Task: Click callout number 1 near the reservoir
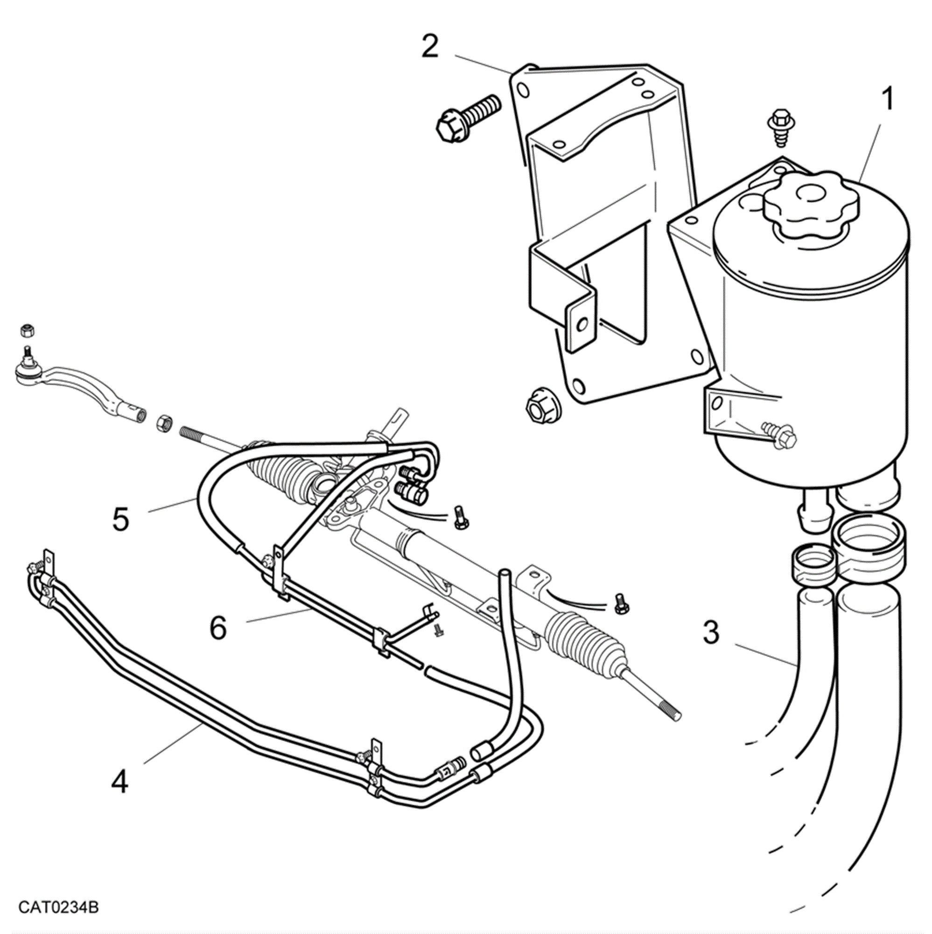click(x=888, y=99)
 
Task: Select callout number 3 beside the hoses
click(x=711, y=633)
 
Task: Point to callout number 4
click(x=119, y=782)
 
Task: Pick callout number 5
click(x=120, y=519)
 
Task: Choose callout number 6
click(x=218, y=628)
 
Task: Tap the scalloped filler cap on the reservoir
click(x=811, y=204)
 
